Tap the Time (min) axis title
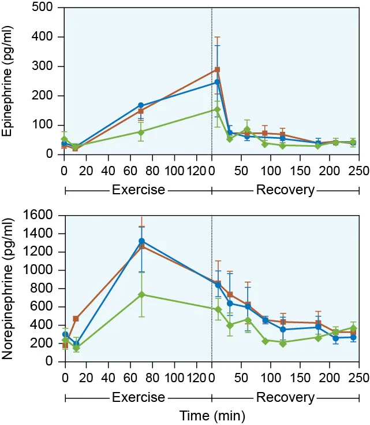tap(211, 415)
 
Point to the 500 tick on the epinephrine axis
tap(46, 8)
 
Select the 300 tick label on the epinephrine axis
tap(46, 66)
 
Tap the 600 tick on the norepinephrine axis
tap(46, 307)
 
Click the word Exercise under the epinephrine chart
tap(139, 190)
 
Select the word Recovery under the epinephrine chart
tap(285, 190)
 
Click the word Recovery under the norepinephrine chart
tap(285, 398)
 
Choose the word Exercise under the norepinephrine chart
tap(139, 398)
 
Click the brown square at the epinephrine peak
tap(217, 70)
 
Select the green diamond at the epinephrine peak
tap(217, 109)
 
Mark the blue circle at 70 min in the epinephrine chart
tap(141, 105)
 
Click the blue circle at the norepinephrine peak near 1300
tap(141, 241)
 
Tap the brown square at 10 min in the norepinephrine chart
tap(76, 319)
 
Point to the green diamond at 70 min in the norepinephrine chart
tap(141, 294)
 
